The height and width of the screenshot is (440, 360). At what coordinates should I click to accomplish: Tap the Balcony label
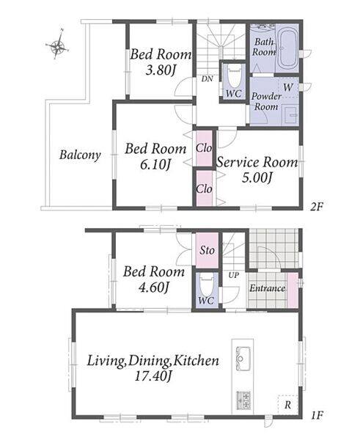80,155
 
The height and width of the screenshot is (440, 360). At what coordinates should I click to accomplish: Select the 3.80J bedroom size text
161,70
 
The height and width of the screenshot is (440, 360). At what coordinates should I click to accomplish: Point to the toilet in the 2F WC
234,76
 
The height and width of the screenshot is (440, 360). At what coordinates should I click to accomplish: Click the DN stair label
207,79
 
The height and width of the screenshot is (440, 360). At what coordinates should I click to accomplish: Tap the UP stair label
233,275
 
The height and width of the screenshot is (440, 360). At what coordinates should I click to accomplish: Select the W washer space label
287,87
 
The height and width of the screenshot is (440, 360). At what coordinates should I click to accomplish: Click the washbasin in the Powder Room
290,115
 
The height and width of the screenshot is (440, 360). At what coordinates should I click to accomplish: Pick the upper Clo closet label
204,148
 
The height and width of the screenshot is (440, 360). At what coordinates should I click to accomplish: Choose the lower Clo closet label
204,188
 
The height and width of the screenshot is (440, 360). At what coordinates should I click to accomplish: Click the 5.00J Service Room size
257,178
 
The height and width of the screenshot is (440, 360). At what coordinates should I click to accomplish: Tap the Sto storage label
207,250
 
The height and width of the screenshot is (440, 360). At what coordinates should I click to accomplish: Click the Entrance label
267,288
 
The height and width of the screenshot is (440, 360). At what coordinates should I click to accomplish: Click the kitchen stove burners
243,400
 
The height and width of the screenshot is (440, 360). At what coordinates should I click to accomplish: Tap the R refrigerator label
287,405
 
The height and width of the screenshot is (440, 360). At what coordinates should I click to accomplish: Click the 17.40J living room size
153,376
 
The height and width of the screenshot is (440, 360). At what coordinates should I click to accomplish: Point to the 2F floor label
316,207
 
